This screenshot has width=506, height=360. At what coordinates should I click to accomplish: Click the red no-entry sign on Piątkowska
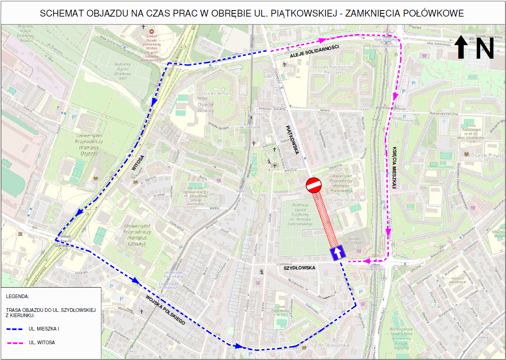(x=314, y=186)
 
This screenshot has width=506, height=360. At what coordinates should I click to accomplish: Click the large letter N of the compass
(x=485, y=49)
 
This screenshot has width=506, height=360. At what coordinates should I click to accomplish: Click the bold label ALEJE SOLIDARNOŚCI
(x=314, y=51)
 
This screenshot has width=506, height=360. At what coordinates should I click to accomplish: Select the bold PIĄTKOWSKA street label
(x=291, y=140)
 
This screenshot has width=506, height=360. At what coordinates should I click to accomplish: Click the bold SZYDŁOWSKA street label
(x=299, y=268)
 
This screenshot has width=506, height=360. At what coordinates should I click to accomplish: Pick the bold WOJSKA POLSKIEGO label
(x=166, y=309)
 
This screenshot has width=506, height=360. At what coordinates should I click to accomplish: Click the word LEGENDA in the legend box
(x=18, y=296)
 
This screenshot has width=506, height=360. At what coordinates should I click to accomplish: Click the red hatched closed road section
(x=325, y=219)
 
